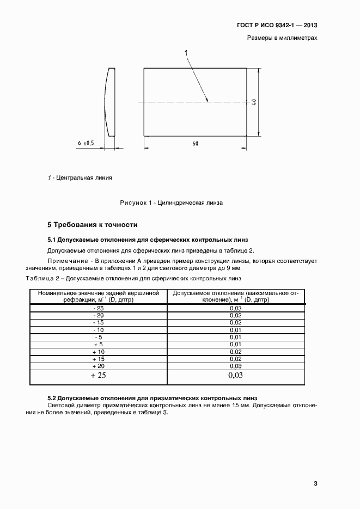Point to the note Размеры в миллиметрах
[282, 38]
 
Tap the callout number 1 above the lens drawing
[186, 53]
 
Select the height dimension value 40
[254, 102]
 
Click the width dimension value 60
[196, 143]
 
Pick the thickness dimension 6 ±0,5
[86, 143]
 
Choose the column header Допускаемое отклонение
[235, 296]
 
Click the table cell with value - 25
[98, 308]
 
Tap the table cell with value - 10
[98, 330]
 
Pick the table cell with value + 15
[98, 359]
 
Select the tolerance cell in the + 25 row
[235, 376]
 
